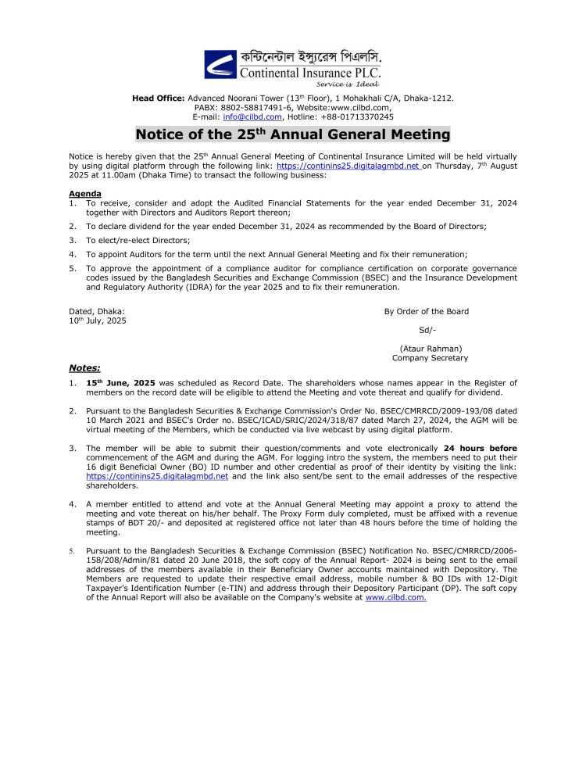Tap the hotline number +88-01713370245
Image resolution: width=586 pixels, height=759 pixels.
click(x=359, y=116)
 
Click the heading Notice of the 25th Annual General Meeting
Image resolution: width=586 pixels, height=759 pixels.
click(x=293, y=134)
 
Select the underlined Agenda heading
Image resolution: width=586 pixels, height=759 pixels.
click(x=84, y=192)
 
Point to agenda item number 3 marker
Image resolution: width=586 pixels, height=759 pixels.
click(x=72, y=240)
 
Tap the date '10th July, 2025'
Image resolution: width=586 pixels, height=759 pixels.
click(x=98, y=320)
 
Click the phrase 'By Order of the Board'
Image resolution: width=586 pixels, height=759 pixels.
click(x=426, y=311)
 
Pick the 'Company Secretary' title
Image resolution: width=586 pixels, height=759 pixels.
click(x=430, y=357)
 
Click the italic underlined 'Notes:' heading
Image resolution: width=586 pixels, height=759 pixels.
click(x=84, y=367)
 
